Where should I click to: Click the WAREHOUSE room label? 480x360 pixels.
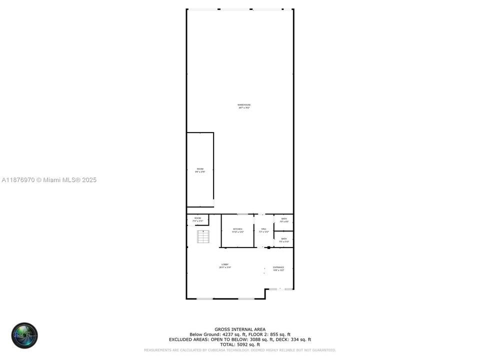[244, 105]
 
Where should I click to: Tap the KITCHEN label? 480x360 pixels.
[237, 229]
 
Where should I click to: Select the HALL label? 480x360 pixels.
[263, 229]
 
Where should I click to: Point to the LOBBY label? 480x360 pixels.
[225, 264]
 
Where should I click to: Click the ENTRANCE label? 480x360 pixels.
[278, 267]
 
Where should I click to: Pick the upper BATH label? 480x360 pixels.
[284, 219]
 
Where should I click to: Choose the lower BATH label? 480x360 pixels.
[284, 239]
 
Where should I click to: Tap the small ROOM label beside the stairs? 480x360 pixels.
[197, 218]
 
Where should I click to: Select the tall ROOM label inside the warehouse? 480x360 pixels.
[200, 169]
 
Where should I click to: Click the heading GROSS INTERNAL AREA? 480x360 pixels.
[240, 329]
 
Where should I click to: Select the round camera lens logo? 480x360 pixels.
[24, 335]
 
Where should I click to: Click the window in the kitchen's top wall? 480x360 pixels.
[243, 214]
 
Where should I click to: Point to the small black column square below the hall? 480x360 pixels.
[268, 247]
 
